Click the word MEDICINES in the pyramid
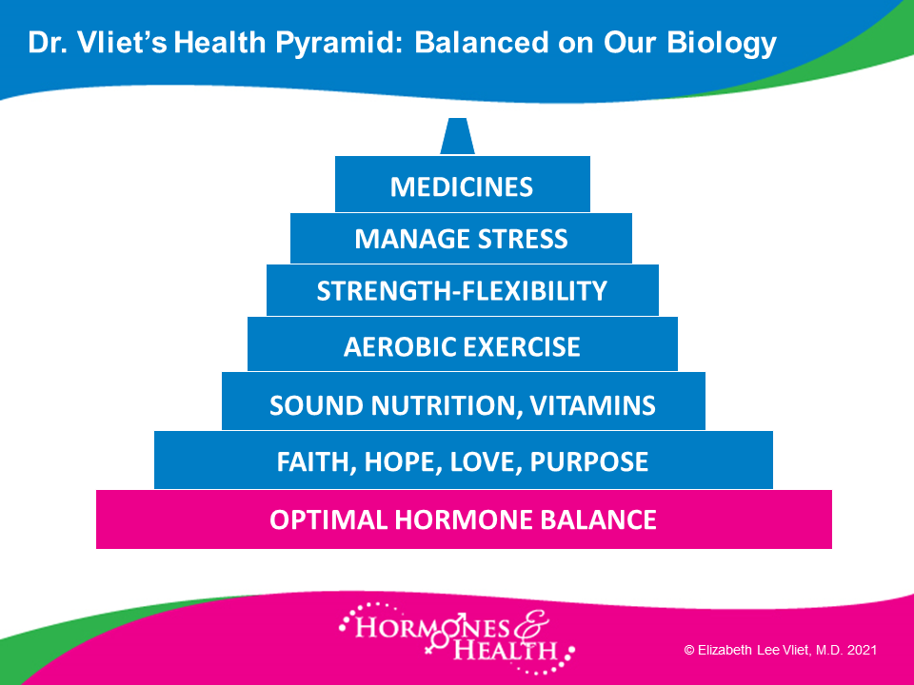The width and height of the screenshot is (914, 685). pos(461,187)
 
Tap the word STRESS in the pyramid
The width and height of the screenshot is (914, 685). pos(523,239)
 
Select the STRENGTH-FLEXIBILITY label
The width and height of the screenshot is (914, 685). pos(462,291)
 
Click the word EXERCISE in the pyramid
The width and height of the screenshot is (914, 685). pos(513,346)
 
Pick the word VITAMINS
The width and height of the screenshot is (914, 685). pos(592,405)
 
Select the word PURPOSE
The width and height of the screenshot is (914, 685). pos(588,462)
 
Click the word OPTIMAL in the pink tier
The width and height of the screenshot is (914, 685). pos(328,519)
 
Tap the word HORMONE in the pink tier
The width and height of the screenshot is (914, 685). pos(464,519)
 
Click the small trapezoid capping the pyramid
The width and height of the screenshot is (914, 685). pos(458,136)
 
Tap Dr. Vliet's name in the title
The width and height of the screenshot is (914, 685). pos(97,43)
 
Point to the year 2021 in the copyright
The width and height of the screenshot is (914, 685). pos(863,650)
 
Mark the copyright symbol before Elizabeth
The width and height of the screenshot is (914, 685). pos(689,650)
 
